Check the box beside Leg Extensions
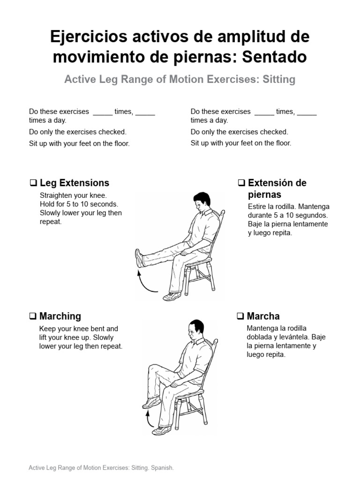[33, 183]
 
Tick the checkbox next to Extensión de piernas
[241, 183]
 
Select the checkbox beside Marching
[33, 316]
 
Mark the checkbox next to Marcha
[240, 316]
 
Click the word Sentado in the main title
[274, 57]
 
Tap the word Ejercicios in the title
[89, 37]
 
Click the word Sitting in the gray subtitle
[279, 79]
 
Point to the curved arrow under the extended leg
[146, 284]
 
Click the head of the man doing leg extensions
[202, 202]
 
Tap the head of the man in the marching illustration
[195, 330]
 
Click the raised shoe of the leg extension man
[139, 258]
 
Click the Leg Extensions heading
[75, 183]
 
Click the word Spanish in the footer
[162, 468]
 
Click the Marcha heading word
[263, 316]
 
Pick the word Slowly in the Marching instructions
[103, 337]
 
